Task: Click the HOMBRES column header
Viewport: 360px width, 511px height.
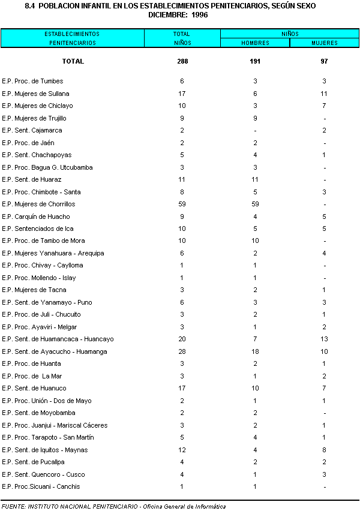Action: (x=255, y=43)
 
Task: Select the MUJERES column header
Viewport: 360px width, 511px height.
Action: (x=324, y=43)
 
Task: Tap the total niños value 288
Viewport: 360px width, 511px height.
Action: (x=182, y=61)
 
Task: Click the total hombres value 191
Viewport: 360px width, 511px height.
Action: (x=255, y=61)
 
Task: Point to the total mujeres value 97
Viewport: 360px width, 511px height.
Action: (x=324, y=61)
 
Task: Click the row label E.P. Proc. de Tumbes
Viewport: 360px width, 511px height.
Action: (x=32, y=81)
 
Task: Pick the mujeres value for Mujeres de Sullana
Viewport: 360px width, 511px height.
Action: (x=324, y=94)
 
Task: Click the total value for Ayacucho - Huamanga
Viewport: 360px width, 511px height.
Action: (x=182, y=351)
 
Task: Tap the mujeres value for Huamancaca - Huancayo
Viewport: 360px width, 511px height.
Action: (x=324, y=339)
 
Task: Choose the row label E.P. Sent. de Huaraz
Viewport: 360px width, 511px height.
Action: (x=32, y=180)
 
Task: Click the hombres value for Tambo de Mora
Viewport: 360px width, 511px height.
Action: (x=255, y=241)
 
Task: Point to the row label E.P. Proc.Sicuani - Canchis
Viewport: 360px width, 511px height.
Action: (x=41, y=486)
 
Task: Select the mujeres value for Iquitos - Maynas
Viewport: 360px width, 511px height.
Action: (x=324, y=450)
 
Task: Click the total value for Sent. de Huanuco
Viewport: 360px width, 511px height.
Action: (x=182, y=389)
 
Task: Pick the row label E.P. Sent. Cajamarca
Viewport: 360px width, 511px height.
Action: (x=32, y=130)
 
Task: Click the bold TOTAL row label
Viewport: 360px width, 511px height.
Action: (x=73, y=61)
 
